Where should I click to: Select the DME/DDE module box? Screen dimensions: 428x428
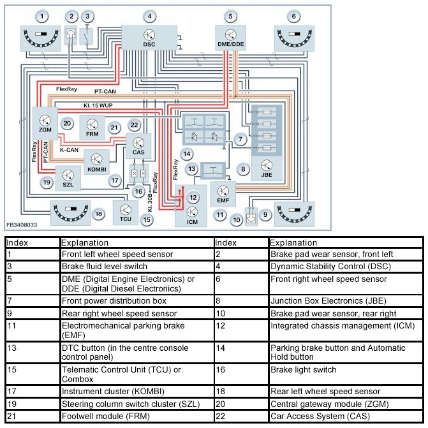tap(231, 38)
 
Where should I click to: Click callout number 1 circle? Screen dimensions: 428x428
tap(42, 16)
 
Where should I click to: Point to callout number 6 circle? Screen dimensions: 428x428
tap(293, 16)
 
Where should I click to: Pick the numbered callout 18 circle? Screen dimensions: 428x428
tap(98, 214)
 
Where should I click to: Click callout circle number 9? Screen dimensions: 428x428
tap(266, 215)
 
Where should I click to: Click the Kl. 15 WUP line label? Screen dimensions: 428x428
tap(97, 103)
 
